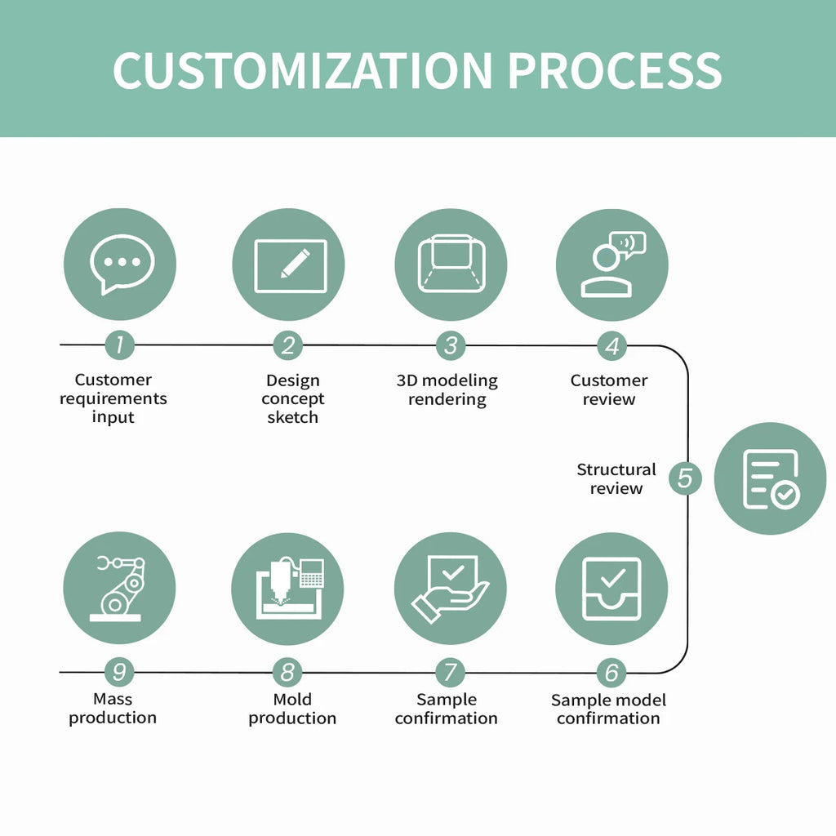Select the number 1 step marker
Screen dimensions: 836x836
(119, 345)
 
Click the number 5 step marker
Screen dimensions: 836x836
(685, 478)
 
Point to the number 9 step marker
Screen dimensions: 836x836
(119, 673)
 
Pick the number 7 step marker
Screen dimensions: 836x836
(449, 673)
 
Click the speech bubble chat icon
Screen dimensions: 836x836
(120, 265)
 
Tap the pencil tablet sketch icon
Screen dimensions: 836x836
(288, 265)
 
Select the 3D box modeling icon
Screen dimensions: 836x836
(451, 265)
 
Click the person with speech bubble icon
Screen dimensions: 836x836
(611, 265)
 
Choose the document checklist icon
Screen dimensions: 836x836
(770, 478)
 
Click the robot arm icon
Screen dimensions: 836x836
(119, 588)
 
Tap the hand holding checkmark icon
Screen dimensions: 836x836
(450, 588)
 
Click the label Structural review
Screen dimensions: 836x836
(616, 478)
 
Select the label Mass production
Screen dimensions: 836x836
(113, 709)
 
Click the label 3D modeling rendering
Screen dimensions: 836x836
(447, 389)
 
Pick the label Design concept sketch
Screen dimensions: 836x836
(292, 398)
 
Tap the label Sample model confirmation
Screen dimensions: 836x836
(608, 709)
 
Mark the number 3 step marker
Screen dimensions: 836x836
(450, 345)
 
